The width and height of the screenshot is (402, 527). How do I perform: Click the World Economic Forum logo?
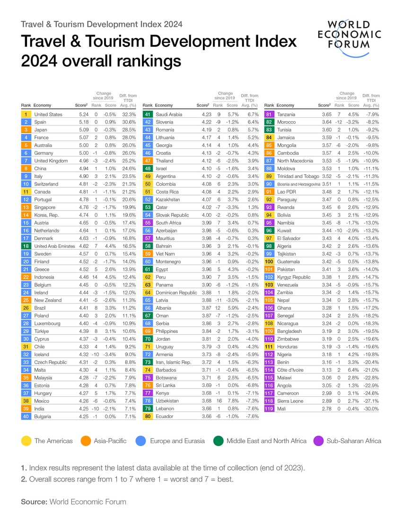click(350, 35)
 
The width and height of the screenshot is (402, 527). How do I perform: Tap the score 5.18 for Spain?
click(81, 122)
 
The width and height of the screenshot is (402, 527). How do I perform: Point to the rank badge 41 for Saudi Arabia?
click(148, 114)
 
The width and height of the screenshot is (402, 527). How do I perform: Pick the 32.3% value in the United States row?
click(129, 114)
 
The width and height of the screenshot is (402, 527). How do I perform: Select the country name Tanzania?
click(287, 114)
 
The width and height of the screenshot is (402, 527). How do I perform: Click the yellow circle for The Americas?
click(26, 441)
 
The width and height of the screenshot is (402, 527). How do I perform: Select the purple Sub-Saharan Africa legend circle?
click(319, 441)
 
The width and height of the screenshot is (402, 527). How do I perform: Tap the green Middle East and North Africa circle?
click(219, 441)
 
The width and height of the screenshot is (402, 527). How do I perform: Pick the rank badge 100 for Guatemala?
click(269, 261)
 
